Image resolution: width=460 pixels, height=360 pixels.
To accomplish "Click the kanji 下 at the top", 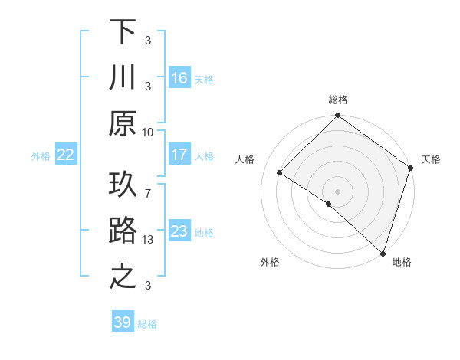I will click(x=123, y=33).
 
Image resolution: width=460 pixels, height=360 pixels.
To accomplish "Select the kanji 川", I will click(x=123, y=77).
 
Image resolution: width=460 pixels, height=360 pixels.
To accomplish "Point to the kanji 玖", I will click(x=123, y=185).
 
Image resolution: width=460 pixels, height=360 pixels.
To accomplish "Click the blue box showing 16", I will click(x=179, y=78).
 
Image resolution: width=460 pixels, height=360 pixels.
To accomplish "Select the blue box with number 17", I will click(x=179, y=155).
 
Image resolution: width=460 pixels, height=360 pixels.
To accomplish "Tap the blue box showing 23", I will click(x=179, y=231).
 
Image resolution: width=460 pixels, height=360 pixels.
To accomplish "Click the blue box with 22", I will click(x=66, y=155).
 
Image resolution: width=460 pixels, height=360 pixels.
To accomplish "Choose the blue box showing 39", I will click(x=122, y=322).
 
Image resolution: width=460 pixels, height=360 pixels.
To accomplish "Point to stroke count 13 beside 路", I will click(x=148, y=240).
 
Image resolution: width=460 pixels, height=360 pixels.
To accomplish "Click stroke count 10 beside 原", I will click(x=148, y=132).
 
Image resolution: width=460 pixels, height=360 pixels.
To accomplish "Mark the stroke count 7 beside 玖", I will click(x=148, y=186).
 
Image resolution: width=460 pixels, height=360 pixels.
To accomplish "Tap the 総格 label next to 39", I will click(x=147, y=324).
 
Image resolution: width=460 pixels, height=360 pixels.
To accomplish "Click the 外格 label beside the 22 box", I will click(x=41, y=156).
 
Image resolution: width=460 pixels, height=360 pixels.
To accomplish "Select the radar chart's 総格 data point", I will click(x=337, y=116).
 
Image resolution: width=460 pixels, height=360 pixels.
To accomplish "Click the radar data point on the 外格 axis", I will click(x=329, y=204).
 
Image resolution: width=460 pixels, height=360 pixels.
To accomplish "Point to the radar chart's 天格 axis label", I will click(x=431, y=159).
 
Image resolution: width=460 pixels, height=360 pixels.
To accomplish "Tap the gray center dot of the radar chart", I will click(x=337, y=191).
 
